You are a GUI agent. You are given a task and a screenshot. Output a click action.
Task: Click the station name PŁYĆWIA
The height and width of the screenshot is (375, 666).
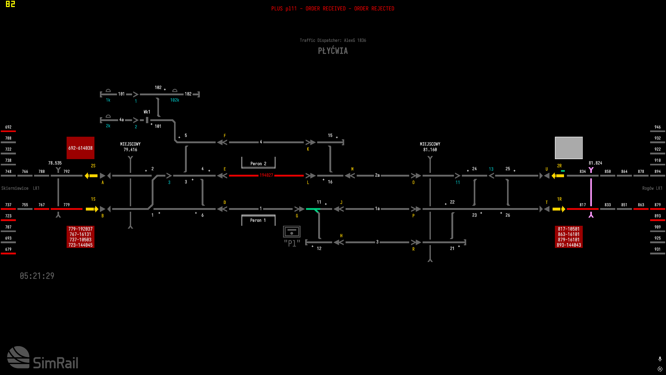point(333,51)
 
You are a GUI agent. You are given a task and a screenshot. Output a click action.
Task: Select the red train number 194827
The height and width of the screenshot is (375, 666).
point(266,175)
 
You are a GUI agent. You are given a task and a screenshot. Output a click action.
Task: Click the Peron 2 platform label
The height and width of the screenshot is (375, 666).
point(258,164)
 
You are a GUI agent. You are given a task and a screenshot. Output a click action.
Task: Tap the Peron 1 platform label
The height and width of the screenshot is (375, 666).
point(258,220)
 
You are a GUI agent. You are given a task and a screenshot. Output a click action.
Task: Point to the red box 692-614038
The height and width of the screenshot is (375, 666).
point(80,148)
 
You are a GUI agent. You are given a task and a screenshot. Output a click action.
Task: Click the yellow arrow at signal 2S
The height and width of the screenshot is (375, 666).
point(91,176)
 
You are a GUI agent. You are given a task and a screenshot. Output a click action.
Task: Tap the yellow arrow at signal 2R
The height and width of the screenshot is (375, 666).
point(558,176)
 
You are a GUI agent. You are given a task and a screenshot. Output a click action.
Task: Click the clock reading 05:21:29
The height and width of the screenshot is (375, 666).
point(37,276)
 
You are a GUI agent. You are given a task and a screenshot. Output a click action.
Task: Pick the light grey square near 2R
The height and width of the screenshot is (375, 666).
point(569,148)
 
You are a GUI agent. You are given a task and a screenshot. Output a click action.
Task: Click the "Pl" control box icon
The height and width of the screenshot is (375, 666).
point(292,232)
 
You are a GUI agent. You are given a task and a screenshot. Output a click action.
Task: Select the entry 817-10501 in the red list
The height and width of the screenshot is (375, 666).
point(568,229)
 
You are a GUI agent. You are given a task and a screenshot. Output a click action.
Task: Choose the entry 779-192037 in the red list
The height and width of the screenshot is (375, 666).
point(80,229)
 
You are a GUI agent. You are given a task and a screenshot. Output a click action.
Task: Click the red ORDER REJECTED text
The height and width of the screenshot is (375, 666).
point(374,9)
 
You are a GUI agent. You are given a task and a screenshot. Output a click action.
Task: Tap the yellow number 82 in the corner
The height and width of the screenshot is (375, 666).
point(10,4)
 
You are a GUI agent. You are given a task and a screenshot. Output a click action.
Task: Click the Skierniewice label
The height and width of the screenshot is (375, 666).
point(15,188)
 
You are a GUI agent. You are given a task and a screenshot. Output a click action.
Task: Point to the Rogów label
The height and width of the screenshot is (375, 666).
point(648,188)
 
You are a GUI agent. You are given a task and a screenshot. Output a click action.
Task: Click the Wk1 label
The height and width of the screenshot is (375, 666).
point(147,112)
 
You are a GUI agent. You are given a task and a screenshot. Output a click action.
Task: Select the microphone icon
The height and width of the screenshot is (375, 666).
point(660,359)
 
